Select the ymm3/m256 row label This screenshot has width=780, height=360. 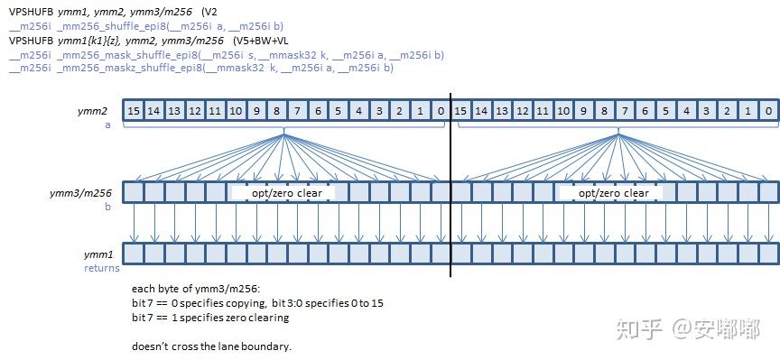point(80,193)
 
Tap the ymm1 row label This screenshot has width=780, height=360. point(98,255)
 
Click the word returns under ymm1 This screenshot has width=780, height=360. point(102,268)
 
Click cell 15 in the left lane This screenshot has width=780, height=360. point(134,111)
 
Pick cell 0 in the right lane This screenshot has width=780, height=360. point(768,111)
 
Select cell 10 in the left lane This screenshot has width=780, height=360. point(236,111)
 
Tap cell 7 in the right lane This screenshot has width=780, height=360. point(625,111)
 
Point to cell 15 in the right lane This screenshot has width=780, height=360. point(460,111)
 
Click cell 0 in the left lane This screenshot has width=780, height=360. point(441,111)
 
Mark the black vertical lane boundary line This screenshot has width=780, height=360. point(450,184)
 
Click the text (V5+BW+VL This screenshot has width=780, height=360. point(260,41)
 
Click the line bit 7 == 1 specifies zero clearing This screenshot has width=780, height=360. point(210,318)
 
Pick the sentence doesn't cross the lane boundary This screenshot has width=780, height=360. point(212,346)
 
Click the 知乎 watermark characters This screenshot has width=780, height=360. point(639,329)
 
